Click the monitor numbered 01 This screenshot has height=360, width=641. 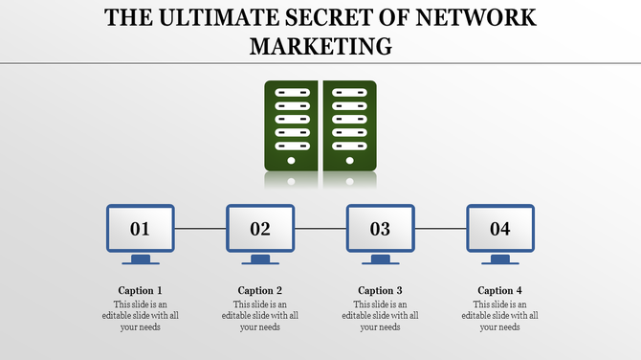pyautogui.click(x=140, y=229)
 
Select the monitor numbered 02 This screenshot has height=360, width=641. pyautogui.click(x=260, y=229)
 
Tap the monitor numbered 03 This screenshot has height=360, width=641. pyautogui.click(x=380, y=229)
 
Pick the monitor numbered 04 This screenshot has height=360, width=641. pyautogui.click(x=500, y=229)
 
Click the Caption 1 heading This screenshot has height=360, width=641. pyautogui.click(x=140, y=290)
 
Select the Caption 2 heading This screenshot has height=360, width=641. pyautogui.click(x=260, y=290)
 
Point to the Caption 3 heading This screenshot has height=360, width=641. pyautogui.click(x=380, y=290)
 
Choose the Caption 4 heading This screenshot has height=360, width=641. pyautogui.click(x=500, y=290)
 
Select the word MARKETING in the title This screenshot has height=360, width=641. pyautogui.click(x=320, y=45)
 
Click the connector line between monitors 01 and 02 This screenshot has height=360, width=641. pyautogui.click(x=200, y=229)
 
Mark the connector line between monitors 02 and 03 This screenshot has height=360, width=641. pyautogui.click(x=320, y=229)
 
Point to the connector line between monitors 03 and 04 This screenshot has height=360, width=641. pyautogui.click(x=440, y=229)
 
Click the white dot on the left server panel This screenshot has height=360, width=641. pyautogui.click(x=292, y=161)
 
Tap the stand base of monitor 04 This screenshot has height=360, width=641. pyautogui.click(x=500, y=261)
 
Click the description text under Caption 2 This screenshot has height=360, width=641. pyautogui.click(x=260, y=315)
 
